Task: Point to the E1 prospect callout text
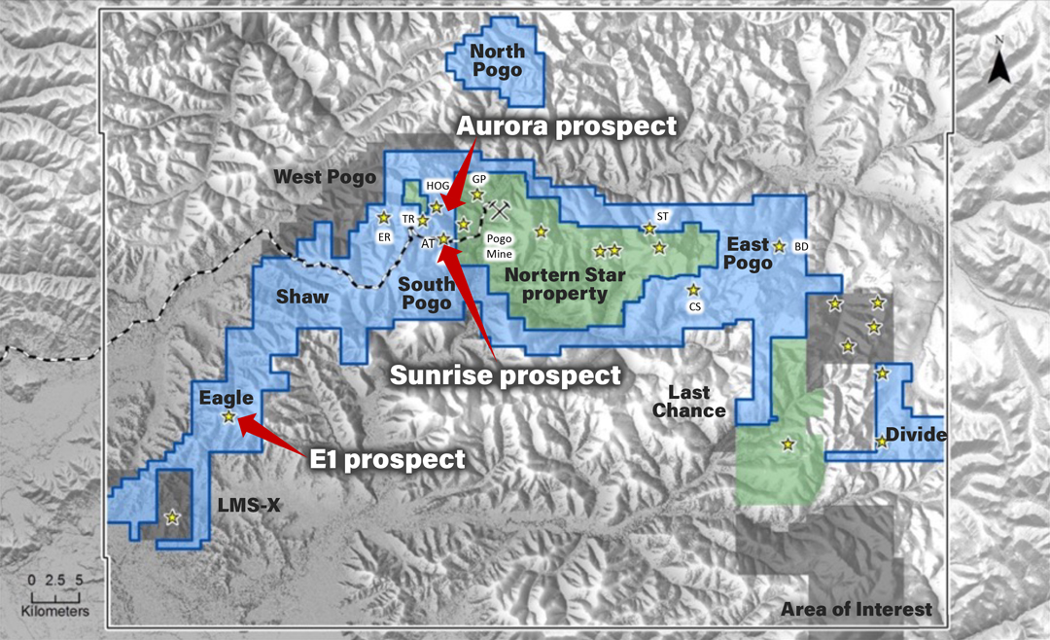388,458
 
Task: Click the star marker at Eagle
228,417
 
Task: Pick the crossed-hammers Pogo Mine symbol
500,209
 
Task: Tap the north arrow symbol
999,65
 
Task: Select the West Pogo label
323,177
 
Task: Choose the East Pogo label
747,253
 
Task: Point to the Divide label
915,435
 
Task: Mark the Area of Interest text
857,610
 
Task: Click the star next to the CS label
693,290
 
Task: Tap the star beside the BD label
779,246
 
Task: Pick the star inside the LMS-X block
173,517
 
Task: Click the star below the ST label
648,229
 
